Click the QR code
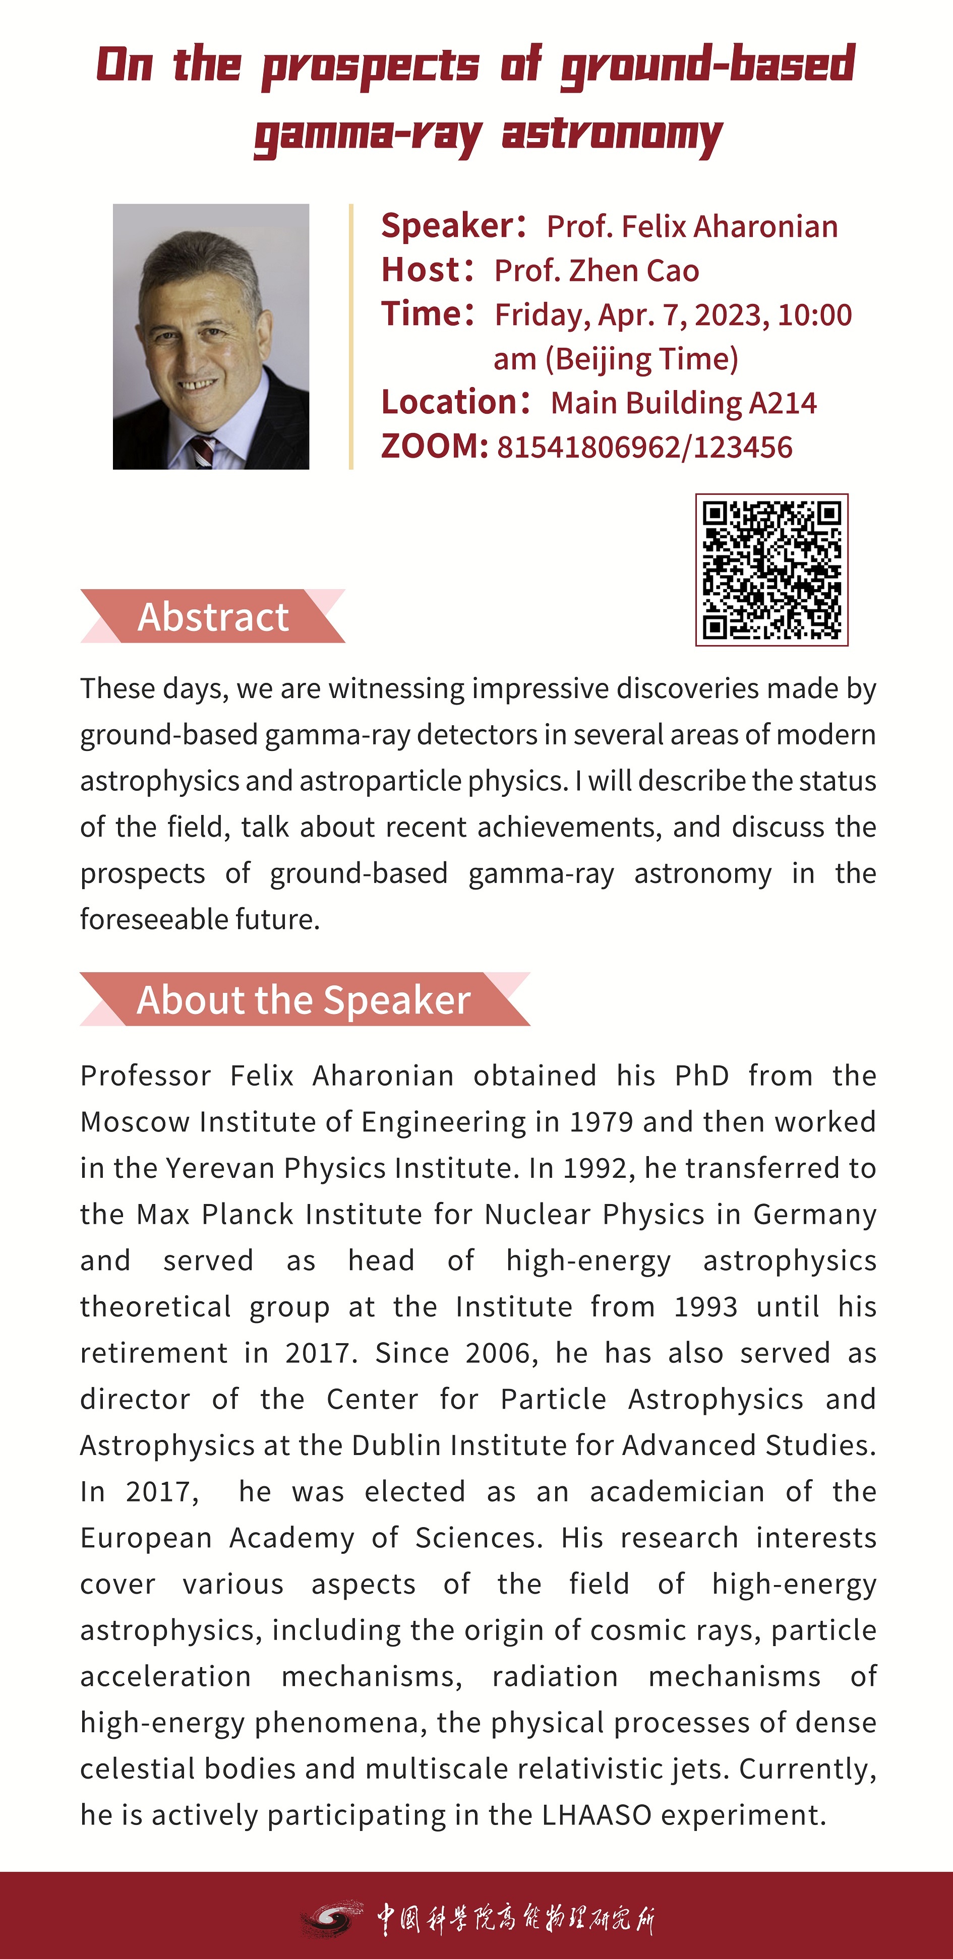[771, 570]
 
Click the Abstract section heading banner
[213, 616]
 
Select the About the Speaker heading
[304, 999]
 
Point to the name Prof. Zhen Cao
[597, 271]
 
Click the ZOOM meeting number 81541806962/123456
[644, 447]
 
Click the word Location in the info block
[449, 402]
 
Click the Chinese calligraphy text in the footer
[516, 1918]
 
